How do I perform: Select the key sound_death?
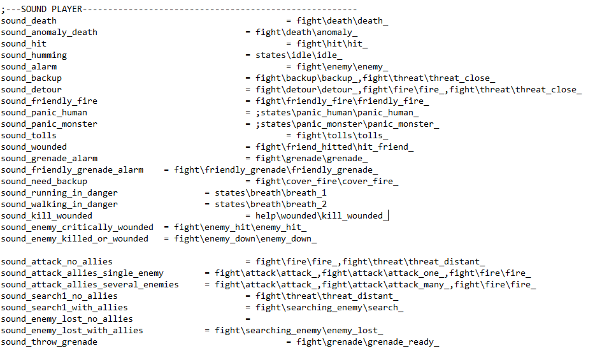point(29,20)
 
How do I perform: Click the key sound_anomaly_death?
point(49,32)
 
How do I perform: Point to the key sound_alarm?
point(29,66)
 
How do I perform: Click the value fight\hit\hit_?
point(332,43)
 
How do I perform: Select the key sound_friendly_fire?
point(49,101)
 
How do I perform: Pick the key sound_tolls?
point(29,135)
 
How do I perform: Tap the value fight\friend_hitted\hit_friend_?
point(334,147)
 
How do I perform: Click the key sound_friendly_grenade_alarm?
point(72,169)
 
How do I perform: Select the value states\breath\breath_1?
point(271,192)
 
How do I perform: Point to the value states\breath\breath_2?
point(271,204)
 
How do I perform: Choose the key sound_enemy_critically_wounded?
point(77,227)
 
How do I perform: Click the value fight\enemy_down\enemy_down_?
point(245,238)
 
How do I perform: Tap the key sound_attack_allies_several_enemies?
point(90,284)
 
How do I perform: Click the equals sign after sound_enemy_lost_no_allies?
point(248,319)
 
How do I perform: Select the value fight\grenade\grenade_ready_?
point(368,342)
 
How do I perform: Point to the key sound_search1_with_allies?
point(64,307)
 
